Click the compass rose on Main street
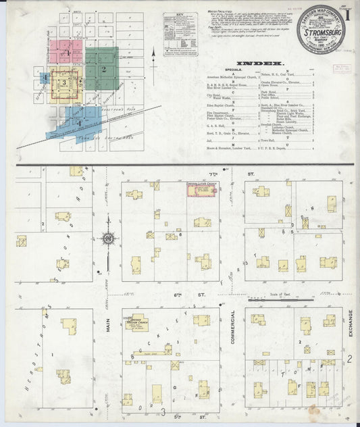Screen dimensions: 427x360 pos(107,238)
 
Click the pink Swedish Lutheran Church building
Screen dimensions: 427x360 pos(200,192)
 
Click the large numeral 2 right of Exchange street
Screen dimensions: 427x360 pos(350,358)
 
